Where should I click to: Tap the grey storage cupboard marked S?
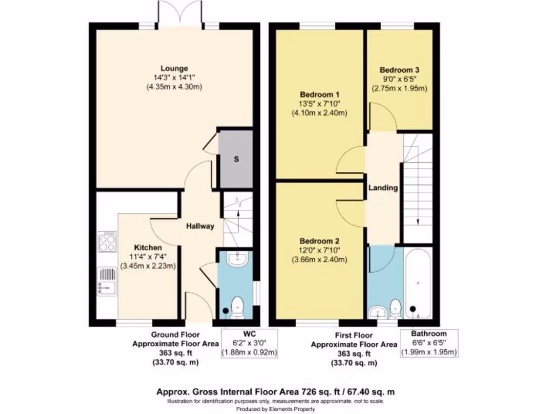point(236,158)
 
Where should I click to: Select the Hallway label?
point(201,226)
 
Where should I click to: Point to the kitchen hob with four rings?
point(107,241)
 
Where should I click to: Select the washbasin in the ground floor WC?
point(237,260)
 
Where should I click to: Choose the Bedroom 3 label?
point(399,70)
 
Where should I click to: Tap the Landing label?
point(383,188)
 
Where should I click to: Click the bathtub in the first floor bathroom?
point(418,284)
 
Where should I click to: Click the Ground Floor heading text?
point(175,334)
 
